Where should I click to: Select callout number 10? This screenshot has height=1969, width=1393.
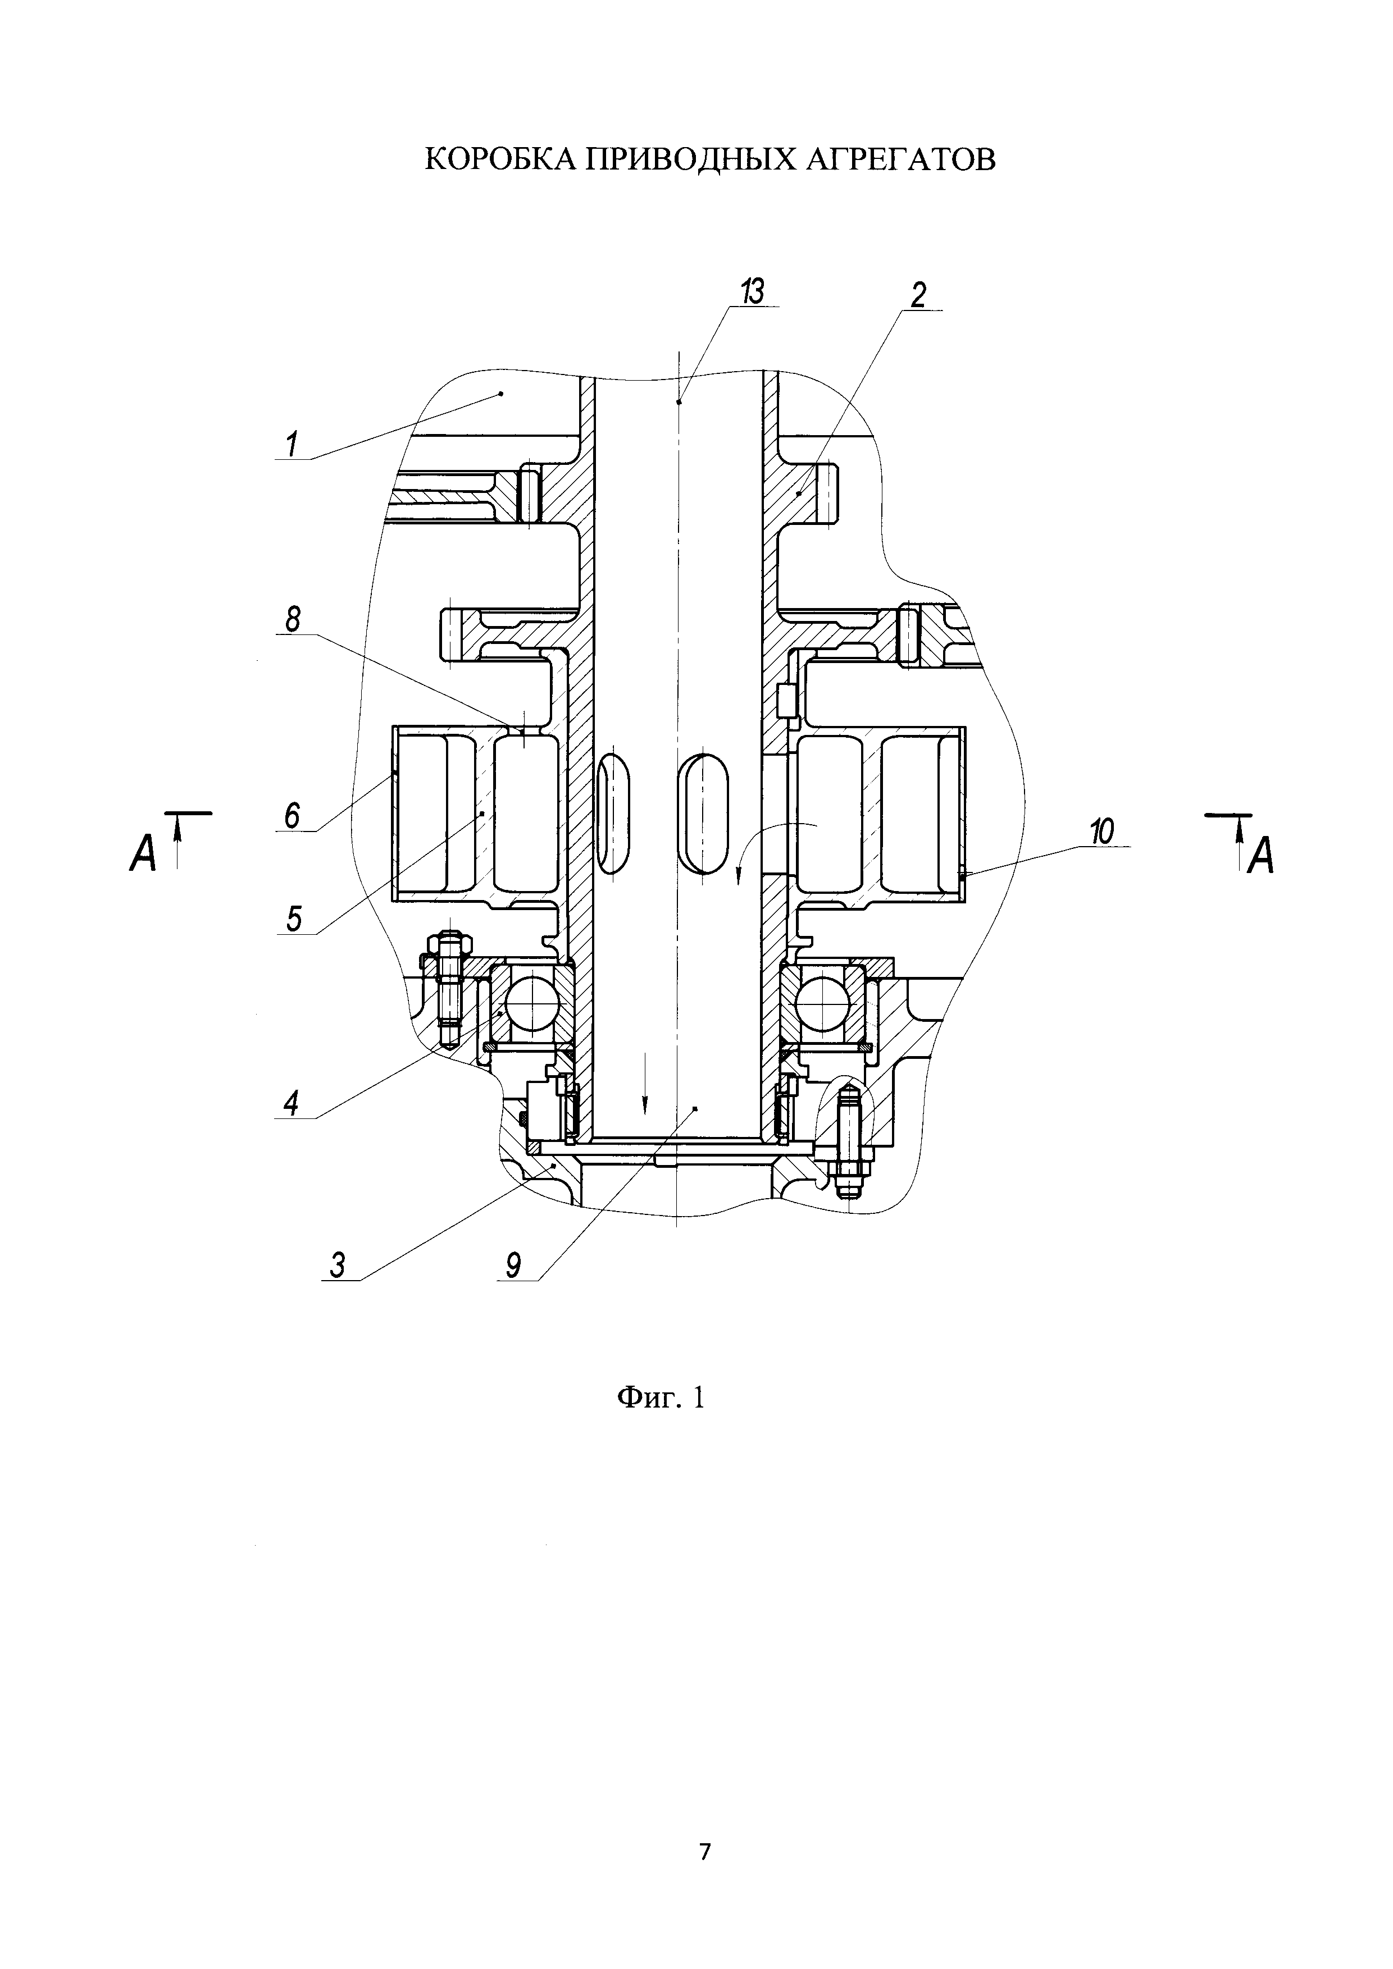click(x=1101, y=831)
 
